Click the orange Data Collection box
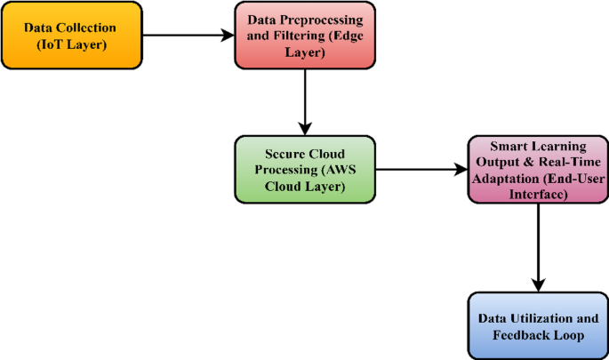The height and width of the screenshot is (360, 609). tap(71, 36)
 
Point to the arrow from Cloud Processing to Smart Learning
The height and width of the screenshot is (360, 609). tap(418, 167)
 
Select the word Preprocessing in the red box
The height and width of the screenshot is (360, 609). tap(323, 20)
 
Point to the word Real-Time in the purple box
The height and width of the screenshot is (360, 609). tap(560, 161)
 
